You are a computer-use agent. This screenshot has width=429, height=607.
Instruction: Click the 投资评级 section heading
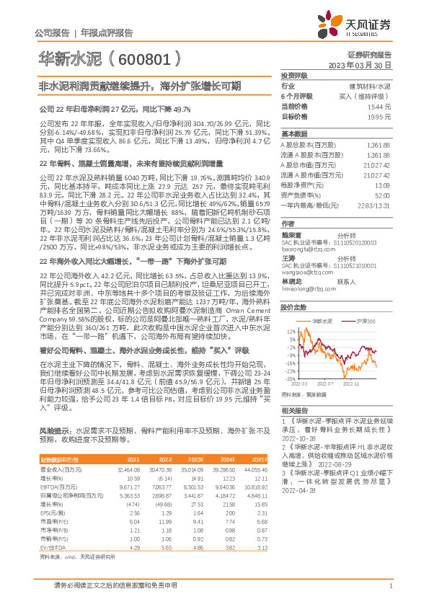[294, 75]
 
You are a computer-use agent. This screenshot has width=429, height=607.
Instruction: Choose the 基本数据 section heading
[294, 135]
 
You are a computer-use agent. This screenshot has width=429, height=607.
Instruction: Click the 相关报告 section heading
[294, 408]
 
